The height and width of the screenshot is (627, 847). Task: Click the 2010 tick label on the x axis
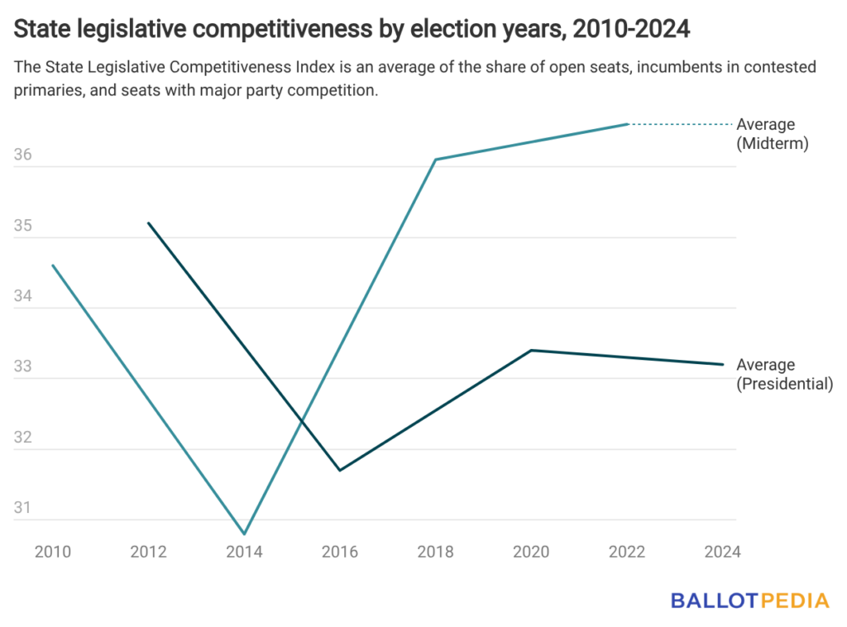pos(53,552)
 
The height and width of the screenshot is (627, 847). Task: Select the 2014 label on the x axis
pos(244,552)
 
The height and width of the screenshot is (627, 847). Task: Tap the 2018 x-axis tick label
pos(435,552)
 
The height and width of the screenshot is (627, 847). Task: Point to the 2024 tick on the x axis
pos(722,552)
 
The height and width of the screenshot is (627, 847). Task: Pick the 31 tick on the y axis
pos(23,508)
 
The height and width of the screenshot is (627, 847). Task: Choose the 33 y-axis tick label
pos(23,366)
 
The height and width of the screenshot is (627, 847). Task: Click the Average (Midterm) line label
pos(771,134)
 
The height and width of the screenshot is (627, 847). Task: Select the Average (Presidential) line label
pos(783,374)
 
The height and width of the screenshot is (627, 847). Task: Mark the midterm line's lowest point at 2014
pos(245,534)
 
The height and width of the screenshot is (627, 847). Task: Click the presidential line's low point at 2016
pos(340,471)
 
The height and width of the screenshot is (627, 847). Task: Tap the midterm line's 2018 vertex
pos(436,160)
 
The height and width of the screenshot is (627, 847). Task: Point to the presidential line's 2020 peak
pos(531,350)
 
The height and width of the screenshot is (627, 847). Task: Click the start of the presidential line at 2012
pos(149,223)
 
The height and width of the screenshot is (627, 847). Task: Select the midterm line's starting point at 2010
pos(53,265)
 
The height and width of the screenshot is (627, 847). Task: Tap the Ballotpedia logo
pos(749,600)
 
